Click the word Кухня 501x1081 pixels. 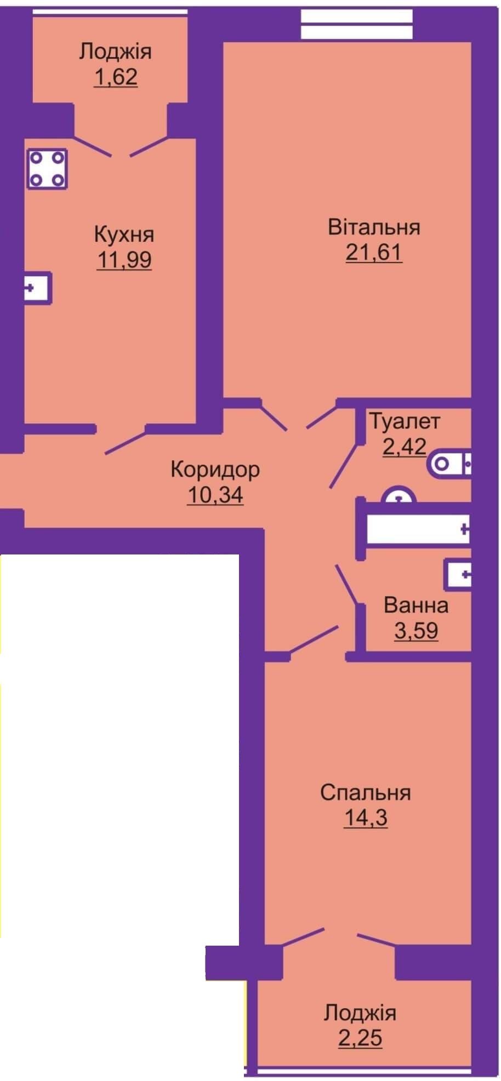point(124,234)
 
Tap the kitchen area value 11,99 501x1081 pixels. point(124,260)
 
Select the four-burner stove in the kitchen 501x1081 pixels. point(47,169)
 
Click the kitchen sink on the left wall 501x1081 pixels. point(38,288)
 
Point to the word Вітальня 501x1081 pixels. point(374,227)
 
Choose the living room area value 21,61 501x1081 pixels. point(374,253)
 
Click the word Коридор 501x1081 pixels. point(215,470)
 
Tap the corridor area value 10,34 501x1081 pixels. point(215,495)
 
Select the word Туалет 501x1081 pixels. point(405,421)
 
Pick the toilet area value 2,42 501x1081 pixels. point(405,447)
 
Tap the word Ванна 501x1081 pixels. point(416,605)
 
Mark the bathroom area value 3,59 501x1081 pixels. point(416,631)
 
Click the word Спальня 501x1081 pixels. point(366,793)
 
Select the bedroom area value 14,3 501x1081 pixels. point(366,818)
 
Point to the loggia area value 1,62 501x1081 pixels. point(116,77)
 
